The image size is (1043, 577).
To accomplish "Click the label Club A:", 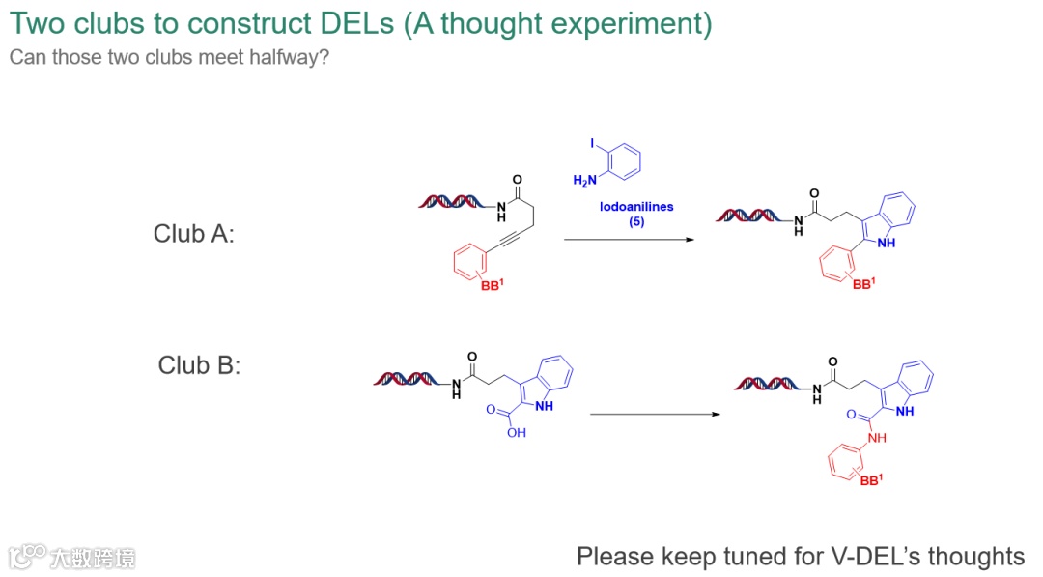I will (x=193, y=234).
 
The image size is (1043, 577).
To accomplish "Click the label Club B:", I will (x=199, y=365).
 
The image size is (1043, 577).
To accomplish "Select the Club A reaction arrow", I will (x=629, y=240).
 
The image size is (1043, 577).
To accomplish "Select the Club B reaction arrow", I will (x=655, y=414).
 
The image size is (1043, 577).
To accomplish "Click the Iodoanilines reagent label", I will (x=636, y=206).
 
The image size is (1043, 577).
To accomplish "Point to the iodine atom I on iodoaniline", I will (x=592, y=143).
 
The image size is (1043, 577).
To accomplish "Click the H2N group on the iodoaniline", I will (x=585, y=181).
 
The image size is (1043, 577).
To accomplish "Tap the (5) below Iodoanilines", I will (x=636, y=221).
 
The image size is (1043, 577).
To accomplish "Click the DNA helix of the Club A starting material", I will (x=449, y=202).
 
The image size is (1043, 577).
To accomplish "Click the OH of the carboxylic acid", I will (x=518, y=433).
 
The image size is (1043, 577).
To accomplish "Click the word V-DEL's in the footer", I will (x=876, y=556).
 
